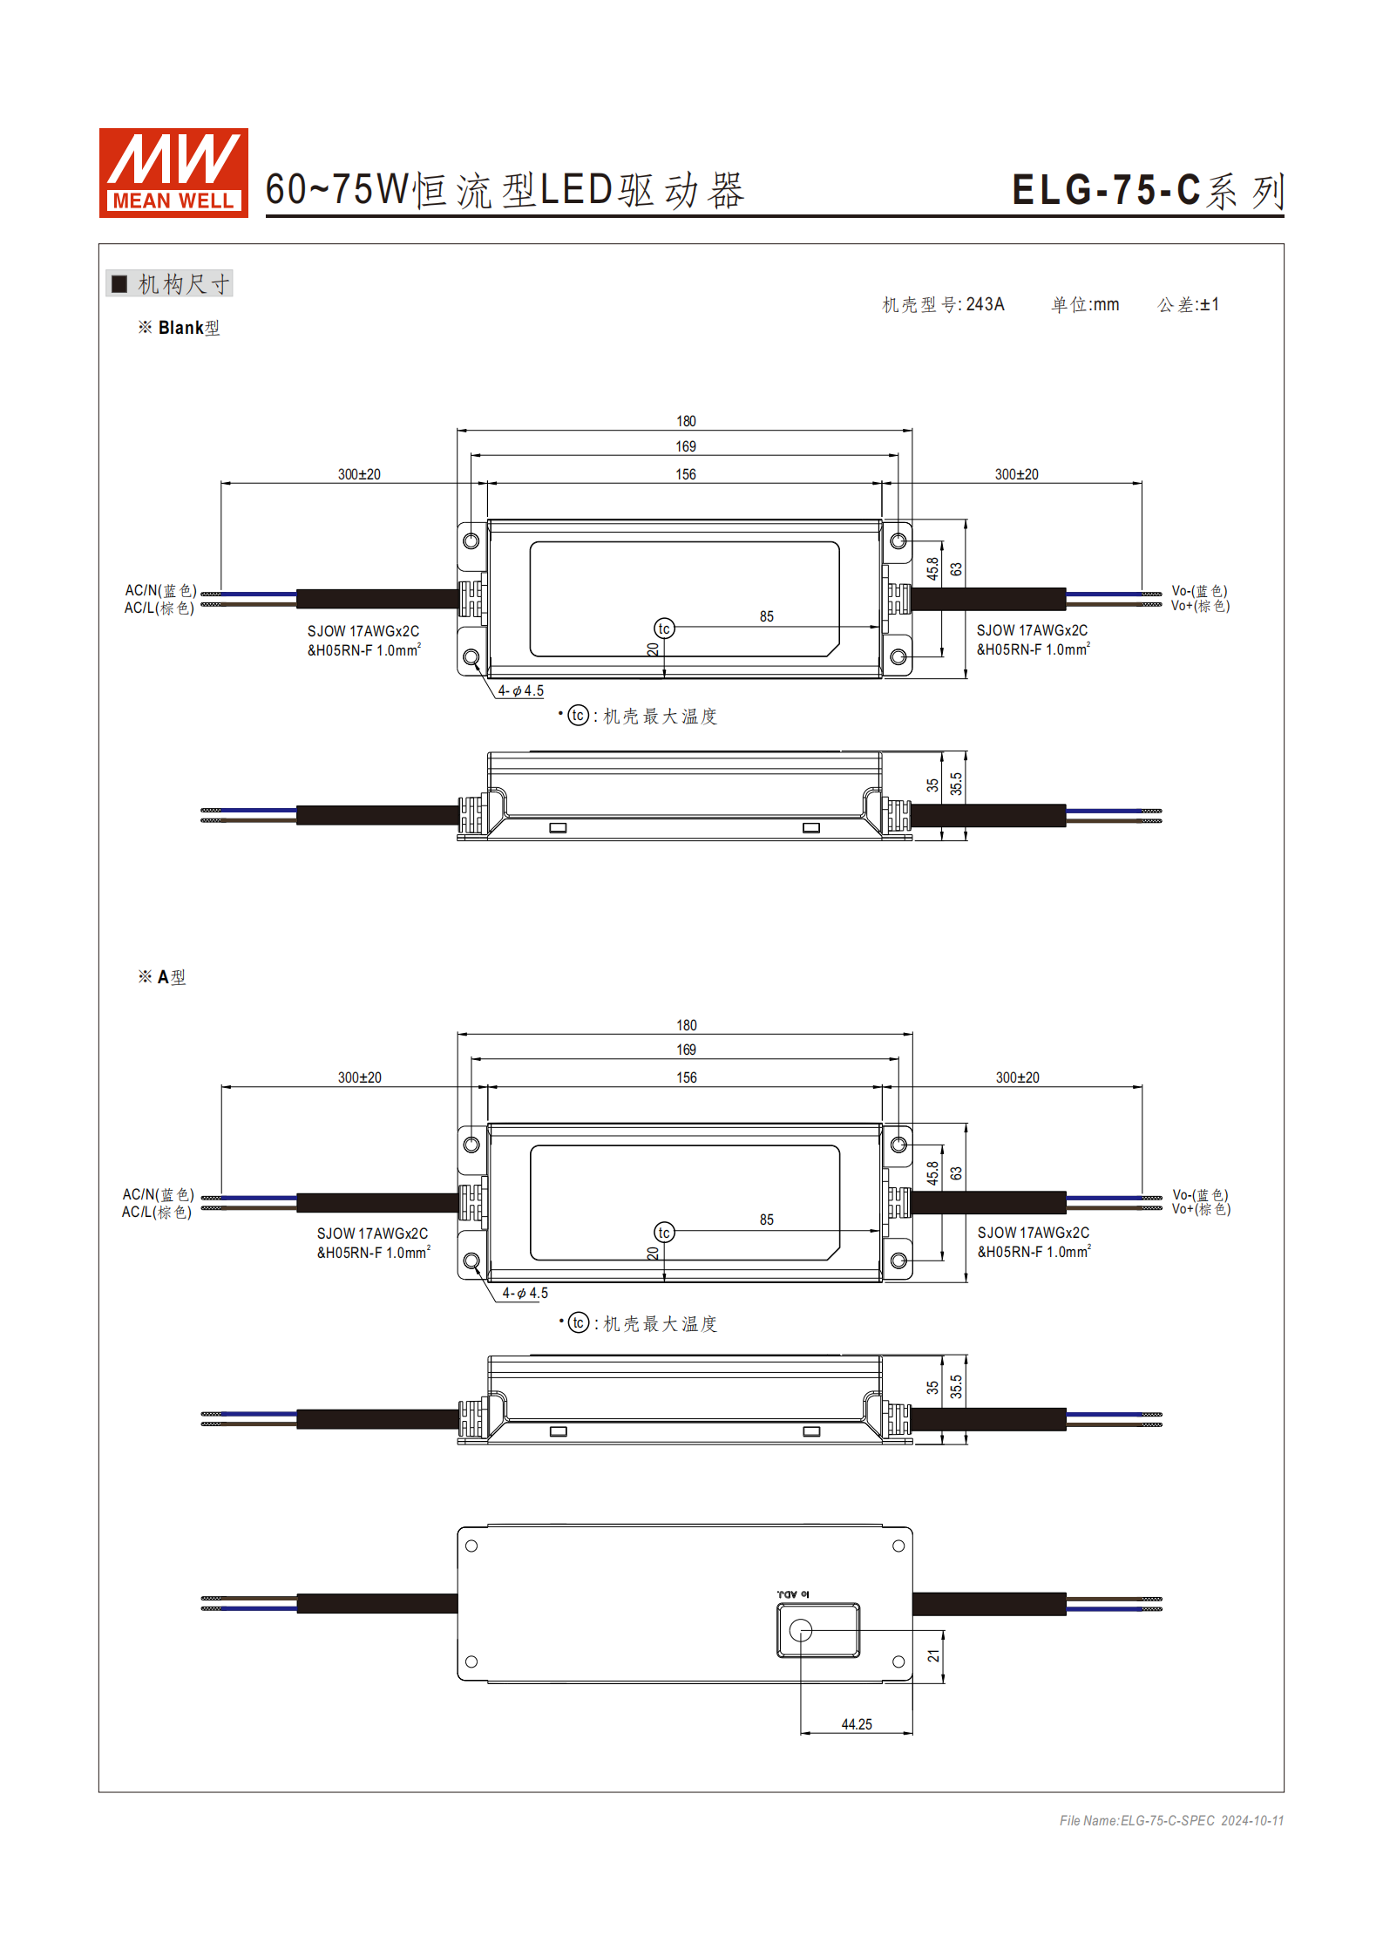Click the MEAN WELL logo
173,173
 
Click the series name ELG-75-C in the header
1106,190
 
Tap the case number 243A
985,304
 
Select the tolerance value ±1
1209,304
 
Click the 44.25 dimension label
856,1724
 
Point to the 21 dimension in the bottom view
933,1655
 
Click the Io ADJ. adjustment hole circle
800,1630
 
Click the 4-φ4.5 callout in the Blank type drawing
521,690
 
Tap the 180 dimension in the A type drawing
687,1025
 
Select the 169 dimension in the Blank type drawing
686,446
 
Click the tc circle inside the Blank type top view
664,629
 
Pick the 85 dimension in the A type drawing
766,1220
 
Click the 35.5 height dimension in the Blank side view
956,784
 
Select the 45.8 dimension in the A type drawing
932,1172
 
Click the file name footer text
1171,1820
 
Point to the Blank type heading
188,328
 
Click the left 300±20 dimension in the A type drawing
359,1077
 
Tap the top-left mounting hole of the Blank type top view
471,540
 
